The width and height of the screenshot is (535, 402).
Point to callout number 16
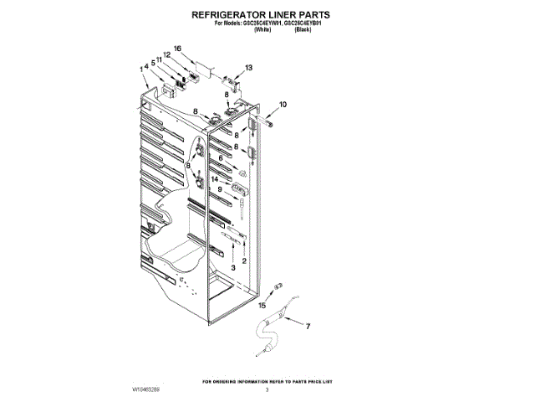pyautogui.click(x=178, y=49)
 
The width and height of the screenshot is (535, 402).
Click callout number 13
pyautogui.click(x=248, y=67)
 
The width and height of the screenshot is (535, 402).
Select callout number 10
pyautogui.click(x=283, y=105)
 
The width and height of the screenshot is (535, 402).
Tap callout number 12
pyautogui.click(x=166, y=55)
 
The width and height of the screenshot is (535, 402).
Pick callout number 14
pyautogui.click(x=215, y=179)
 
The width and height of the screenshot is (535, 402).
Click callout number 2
pyautogui.click(x=244, y=260)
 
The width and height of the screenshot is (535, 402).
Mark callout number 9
pyautogui.click(x=221, y=190)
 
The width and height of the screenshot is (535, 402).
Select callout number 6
pyautogui.click(x=221, y=157)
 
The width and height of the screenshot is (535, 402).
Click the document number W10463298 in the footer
pyautogui.click(x=146, y=389)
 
